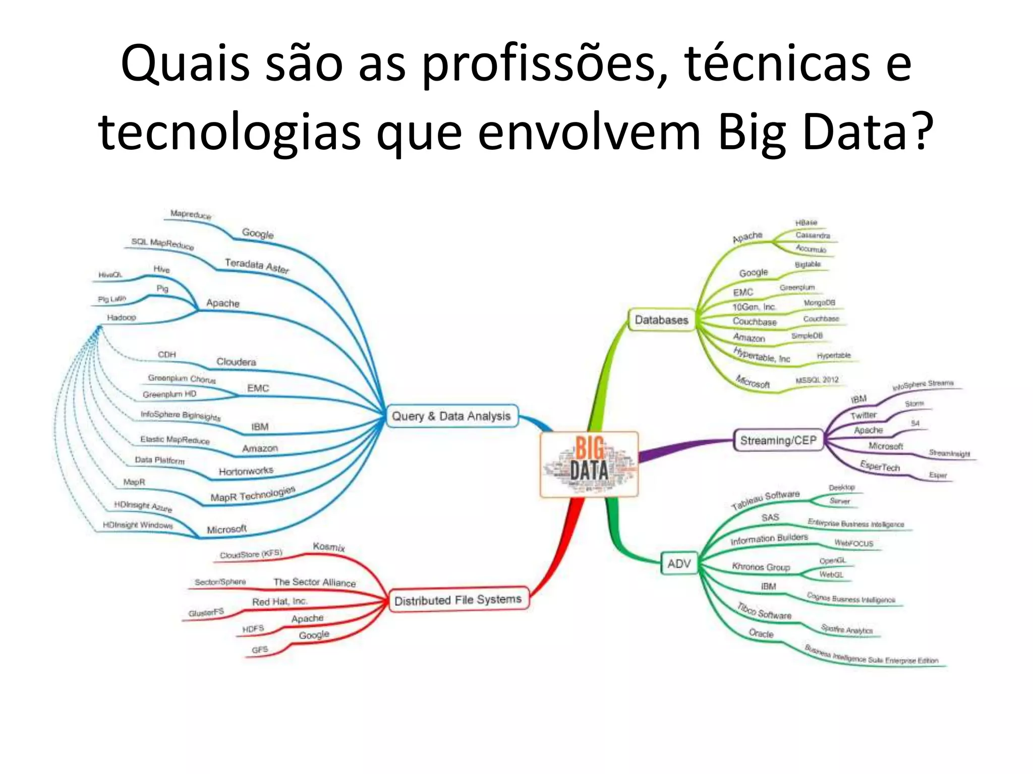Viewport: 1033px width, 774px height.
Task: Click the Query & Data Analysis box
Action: coord(451,416)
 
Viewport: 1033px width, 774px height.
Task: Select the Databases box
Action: coord(661,320)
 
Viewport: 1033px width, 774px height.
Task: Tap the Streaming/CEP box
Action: coord(778,440)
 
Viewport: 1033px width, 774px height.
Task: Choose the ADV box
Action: coord(679,564)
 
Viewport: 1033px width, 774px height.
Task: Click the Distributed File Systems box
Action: coord(458,600)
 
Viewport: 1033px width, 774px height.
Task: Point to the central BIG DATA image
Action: coord(589,464)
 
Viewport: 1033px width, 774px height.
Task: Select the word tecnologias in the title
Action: coord(229,133)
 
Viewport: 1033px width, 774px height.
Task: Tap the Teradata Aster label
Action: coord(257,266)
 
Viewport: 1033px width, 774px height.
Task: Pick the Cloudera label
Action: coord(236,362)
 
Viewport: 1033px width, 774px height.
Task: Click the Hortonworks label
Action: coord(246,471)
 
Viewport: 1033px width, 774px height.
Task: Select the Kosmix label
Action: coord(329,547)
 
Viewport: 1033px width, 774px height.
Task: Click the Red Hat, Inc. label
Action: coord(279,602)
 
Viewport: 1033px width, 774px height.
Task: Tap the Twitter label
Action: coord(863,415)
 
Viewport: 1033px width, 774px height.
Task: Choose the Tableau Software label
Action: coord(765,500)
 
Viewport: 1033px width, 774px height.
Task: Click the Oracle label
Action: coord(761,633)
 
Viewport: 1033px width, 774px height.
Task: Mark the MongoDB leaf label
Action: coord(819,303)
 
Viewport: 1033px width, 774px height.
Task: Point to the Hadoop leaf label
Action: coord(122,317)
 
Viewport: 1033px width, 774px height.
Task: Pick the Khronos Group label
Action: coord(761,567)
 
